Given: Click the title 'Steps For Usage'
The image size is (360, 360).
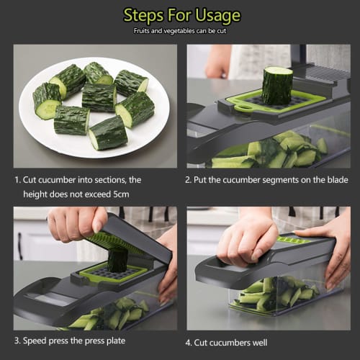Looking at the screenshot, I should tap(181, 15).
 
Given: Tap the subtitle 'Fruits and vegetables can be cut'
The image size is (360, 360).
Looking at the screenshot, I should tap(181, 32).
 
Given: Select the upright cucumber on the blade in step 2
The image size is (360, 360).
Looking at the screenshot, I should tap(277, 85).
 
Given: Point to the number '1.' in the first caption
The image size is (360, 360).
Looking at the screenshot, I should tap(19, 180).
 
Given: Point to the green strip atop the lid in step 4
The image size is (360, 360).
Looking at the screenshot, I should tap(295, 240).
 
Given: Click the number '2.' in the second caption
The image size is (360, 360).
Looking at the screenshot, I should tap(189, 180).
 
